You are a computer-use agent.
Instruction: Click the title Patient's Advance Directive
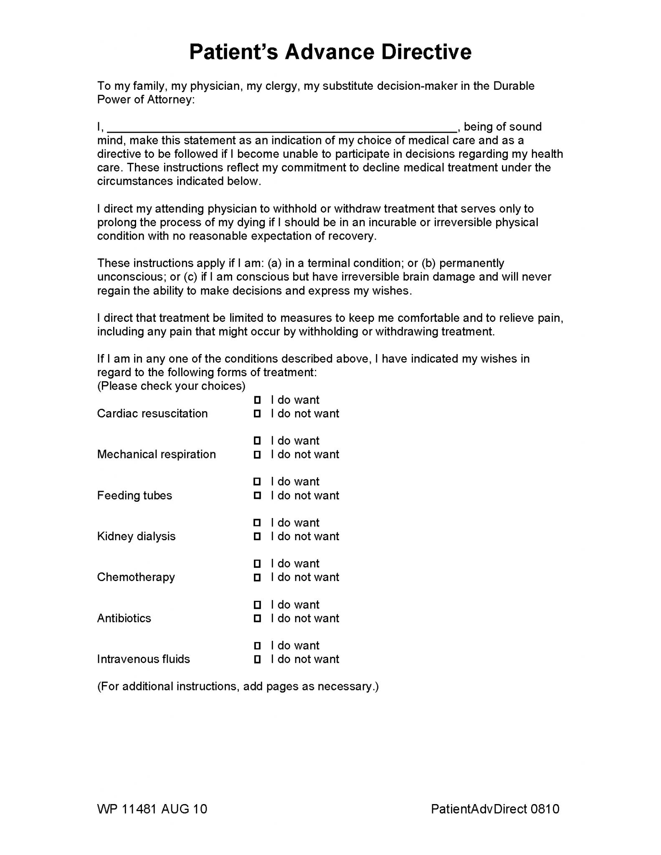pos(330,52)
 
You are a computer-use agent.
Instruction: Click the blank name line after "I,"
pos(282,127)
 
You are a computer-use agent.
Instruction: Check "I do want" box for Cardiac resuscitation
pos(257,400)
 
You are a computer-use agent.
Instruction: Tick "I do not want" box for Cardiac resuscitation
pos(257,414)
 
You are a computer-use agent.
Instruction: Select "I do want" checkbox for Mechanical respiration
pos(257,441)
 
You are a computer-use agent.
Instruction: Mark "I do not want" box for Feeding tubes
pos(257,496)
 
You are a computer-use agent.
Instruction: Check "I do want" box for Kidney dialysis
pos(257,523)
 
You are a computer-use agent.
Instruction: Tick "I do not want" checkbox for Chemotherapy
pos(257,577)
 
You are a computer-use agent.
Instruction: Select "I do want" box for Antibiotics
pos(257,605)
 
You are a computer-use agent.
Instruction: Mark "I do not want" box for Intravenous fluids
pos(257,659)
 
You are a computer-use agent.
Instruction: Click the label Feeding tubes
pos(134,496)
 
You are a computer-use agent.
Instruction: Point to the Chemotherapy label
pos(136,577)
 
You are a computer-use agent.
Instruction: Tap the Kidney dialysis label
pos(136,536)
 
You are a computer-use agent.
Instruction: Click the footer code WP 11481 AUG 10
pos(152,809)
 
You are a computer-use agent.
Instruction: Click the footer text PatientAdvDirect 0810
pos(495,809)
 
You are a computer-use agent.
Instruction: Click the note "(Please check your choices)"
pos(171,386)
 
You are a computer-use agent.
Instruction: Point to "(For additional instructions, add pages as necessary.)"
pos(238,687)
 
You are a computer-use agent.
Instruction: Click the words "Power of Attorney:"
pos(146,100)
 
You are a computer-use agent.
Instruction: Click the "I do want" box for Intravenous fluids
pos(257,645)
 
